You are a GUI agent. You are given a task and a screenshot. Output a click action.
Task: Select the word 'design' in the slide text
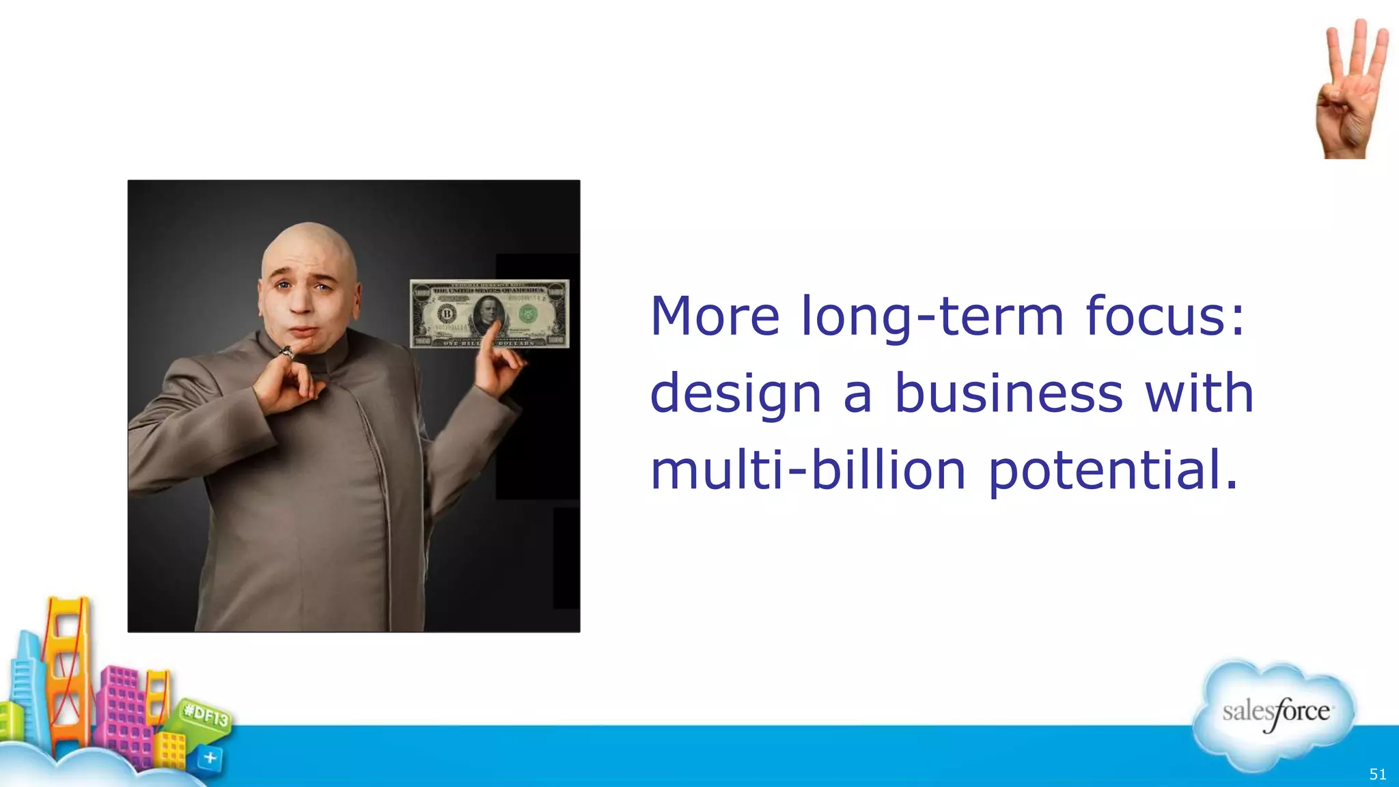(x=735, y=395)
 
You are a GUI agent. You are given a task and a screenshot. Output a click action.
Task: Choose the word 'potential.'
(x=1113, y=471)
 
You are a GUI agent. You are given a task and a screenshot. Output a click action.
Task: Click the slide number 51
(x=1378, y=774)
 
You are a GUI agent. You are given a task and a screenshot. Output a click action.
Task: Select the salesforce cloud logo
(x=1275, y=714)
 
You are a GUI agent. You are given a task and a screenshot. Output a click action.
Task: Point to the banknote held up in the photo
(x=489, y=314)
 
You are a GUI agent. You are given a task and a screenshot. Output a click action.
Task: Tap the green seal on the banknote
(x=527, y=314)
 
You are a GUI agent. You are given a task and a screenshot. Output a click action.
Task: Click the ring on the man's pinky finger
(x=287, y=353)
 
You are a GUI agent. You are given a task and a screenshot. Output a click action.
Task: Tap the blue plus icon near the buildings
(x=210, y=758)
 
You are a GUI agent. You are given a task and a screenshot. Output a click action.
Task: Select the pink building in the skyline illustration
(x=123, y=717)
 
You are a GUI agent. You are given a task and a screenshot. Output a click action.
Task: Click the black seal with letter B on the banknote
(x=447, y=314)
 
